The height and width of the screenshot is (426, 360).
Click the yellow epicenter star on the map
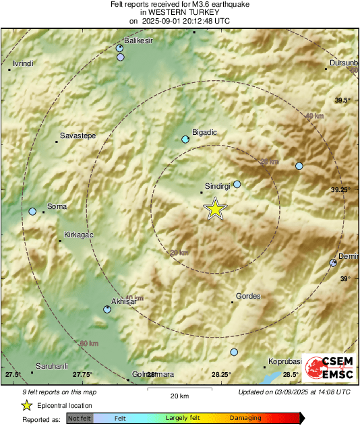click(215, 209)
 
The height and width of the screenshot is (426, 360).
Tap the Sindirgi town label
click(218, 184)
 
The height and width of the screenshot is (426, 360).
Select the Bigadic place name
click(204, 133)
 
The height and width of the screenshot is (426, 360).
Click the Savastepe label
click(78, 135)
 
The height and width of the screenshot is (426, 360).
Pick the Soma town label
click(56, 206)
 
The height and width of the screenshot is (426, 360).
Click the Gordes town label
click(248, 296)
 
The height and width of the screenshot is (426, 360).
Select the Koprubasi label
click(284, 361)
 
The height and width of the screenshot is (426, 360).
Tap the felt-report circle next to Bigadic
click(185, 140)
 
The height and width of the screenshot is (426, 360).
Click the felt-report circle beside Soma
click(32, 212)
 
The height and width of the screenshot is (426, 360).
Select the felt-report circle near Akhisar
click(107, 309)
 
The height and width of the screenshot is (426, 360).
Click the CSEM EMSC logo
click(328, 369)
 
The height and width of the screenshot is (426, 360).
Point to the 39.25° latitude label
click(340, 191)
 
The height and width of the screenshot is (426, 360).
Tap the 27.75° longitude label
click(82, 374)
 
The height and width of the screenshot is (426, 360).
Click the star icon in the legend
click(26, 406)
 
